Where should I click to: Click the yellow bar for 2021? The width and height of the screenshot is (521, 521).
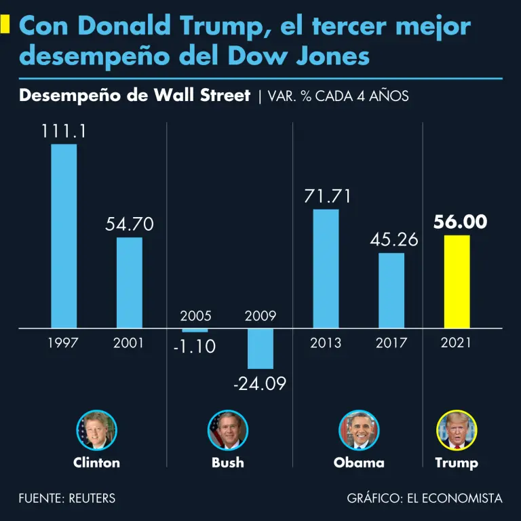pos(457,282)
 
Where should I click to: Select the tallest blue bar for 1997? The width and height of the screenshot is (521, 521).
pos(64,236)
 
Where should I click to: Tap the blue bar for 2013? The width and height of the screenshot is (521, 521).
pos(326,269)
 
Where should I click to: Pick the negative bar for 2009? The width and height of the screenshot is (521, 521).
pos(260,349)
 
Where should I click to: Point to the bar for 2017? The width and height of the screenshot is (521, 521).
pos(391,290)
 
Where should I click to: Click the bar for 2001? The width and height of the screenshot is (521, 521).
pos(129,282)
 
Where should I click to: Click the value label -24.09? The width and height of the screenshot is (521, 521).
pos(260,384)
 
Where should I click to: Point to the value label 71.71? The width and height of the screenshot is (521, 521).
pos(326,197)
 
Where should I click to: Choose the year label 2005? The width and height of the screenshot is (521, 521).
pos(195,316)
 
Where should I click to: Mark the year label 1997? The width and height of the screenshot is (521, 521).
pos(63,343)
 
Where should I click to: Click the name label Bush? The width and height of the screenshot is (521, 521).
pos(228,463)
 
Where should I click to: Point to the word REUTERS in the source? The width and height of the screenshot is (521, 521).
pos(92,499)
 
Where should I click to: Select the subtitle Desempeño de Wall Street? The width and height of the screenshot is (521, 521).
pos(135,96)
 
